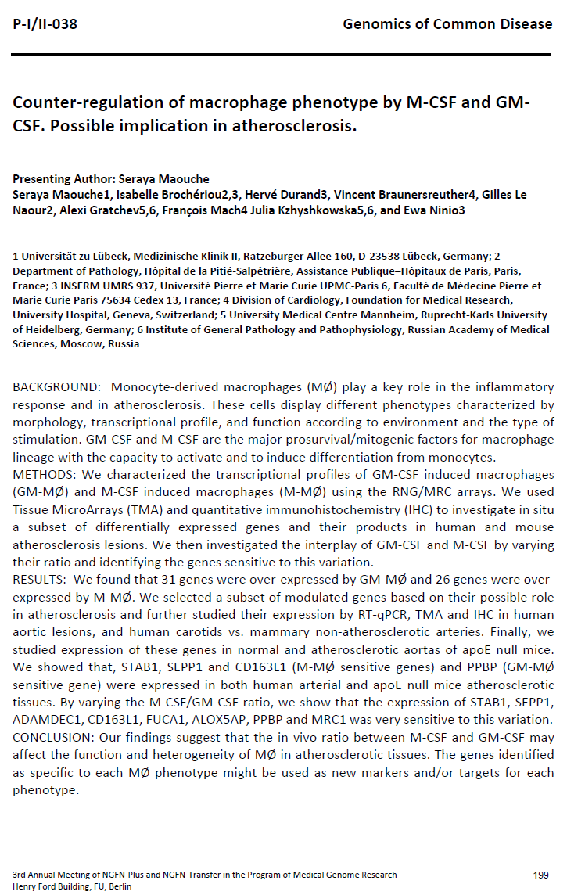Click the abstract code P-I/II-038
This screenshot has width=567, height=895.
pyautogui.click(x=45, y=24)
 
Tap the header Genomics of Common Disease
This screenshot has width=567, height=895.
pyautogui.click(x=447, y=24)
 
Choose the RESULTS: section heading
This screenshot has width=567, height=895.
pyautogui.click(x=41, y=579)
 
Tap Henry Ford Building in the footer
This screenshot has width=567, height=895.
pyautogui.click(x=48, y=886)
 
